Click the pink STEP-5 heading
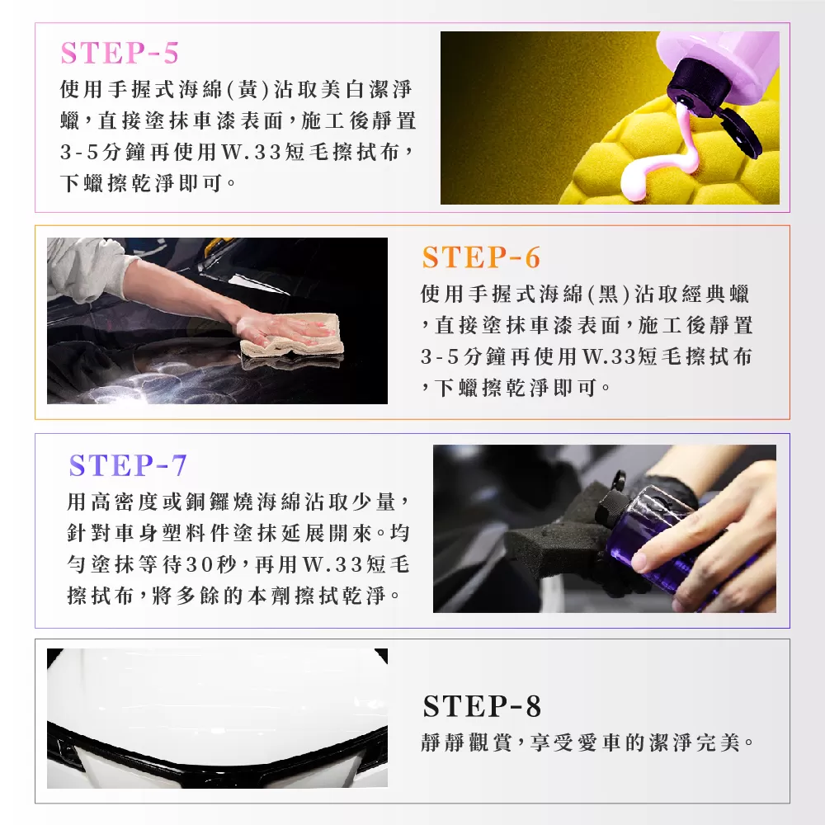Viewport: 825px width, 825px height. point(120,53)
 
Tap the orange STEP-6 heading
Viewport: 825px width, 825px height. point(481,257)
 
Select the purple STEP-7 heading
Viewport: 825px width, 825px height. point(128,465)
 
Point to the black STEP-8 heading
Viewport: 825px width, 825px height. point(482,706)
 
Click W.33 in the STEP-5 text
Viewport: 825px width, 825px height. point(246,153)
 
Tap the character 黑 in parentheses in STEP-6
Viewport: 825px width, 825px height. point(608,295)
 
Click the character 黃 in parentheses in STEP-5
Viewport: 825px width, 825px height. point(247,89)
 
